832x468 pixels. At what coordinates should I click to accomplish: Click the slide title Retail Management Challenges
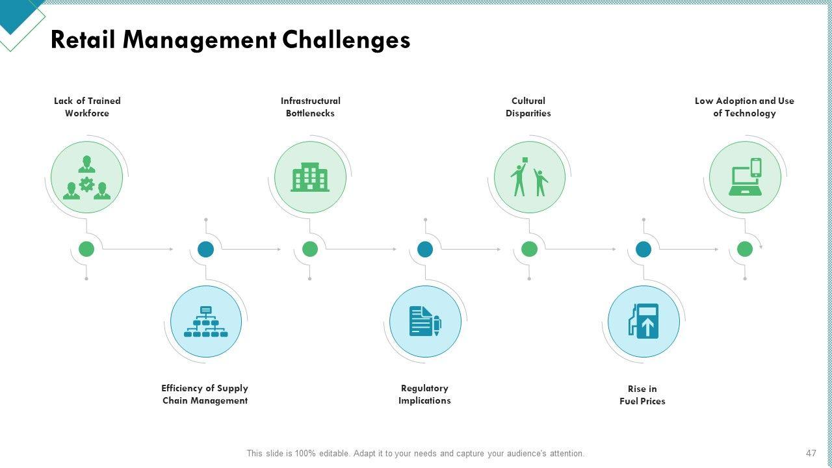[x=230, y=40]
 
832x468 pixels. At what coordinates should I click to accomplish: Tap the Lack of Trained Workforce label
[x=87, y=107]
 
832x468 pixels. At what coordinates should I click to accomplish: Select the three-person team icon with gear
[x=86, y=177]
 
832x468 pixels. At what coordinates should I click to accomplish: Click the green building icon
[x=310, y=177]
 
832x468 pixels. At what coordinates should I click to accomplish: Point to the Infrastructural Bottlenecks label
[x=310, y=107]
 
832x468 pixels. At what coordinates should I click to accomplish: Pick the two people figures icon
[x=529, y=177]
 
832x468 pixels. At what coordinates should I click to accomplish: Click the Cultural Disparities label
[x=528, y=107]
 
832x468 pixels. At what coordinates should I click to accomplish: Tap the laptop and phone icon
[x=745, y=177]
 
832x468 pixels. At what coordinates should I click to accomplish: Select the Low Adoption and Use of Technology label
[x=744, y=107]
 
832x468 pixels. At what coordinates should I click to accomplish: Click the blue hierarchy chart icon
[x=206, y=321]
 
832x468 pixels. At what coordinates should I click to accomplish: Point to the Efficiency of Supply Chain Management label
[x=205, y=395]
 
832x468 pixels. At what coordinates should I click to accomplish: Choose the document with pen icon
[x=425, y=321]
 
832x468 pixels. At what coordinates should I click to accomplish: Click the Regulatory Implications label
[x=424, y=395]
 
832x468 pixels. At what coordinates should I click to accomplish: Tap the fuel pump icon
[x=643, y=321]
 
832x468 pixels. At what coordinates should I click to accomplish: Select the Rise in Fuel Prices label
[x=642, y=395]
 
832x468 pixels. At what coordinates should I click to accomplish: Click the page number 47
[x=811, y=453]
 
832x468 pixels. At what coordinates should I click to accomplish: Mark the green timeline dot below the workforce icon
[x=86, y=249]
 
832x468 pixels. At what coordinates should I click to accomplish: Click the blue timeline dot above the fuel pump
[x=643, y=249]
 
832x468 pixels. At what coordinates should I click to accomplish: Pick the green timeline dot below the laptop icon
[x=745, y=249]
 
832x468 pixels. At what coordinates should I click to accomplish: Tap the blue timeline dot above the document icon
[x=425, y=249]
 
